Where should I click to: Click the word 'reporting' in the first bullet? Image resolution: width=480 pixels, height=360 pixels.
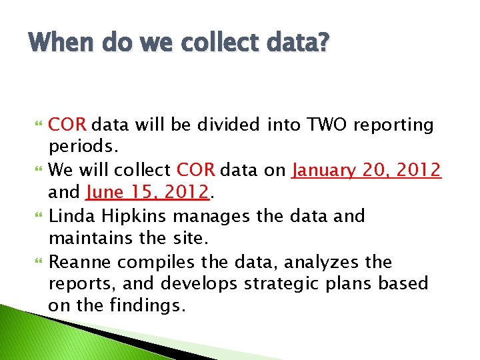tap(393, 125)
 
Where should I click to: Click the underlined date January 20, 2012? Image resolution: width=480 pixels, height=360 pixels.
tap(366, 170)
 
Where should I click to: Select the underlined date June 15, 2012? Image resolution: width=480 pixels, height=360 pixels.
tap(148, 193)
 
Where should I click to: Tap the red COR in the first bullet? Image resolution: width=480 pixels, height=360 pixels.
tap(69, 125)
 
